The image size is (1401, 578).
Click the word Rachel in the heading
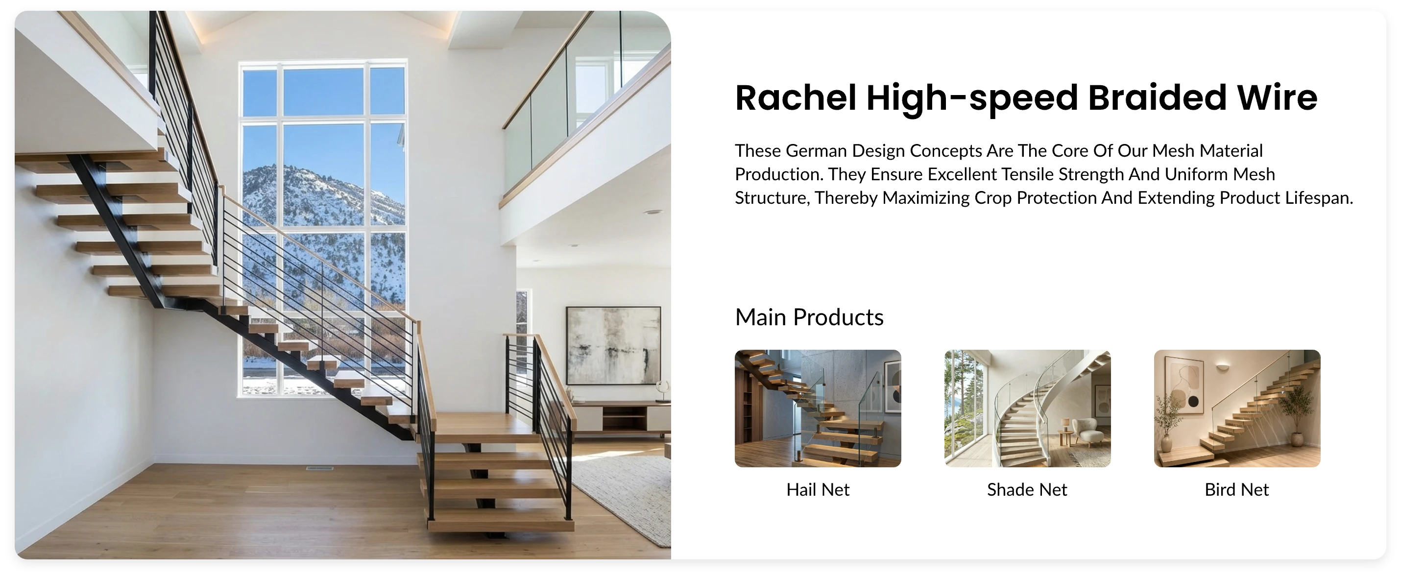[x=796, y=98]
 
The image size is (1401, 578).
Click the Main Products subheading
[x=809, y=317]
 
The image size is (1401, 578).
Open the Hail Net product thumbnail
[x=818, y=408]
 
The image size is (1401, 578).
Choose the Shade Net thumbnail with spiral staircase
[x=1027, y=408]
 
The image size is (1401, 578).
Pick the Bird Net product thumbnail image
[x=1237, y=408]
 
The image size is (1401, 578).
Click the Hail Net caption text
[x=818, y=489]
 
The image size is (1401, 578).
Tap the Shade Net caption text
[x=1027, y=489]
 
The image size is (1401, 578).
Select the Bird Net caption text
[x=1237, y=489]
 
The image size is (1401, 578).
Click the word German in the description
[x=816, y=150]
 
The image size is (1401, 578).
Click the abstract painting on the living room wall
[x=613, y=345]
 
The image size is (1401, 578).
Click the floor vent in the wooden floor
[x=319, y=468]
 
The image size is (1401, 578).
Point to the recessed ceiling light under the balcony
[x=652, y=213]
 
